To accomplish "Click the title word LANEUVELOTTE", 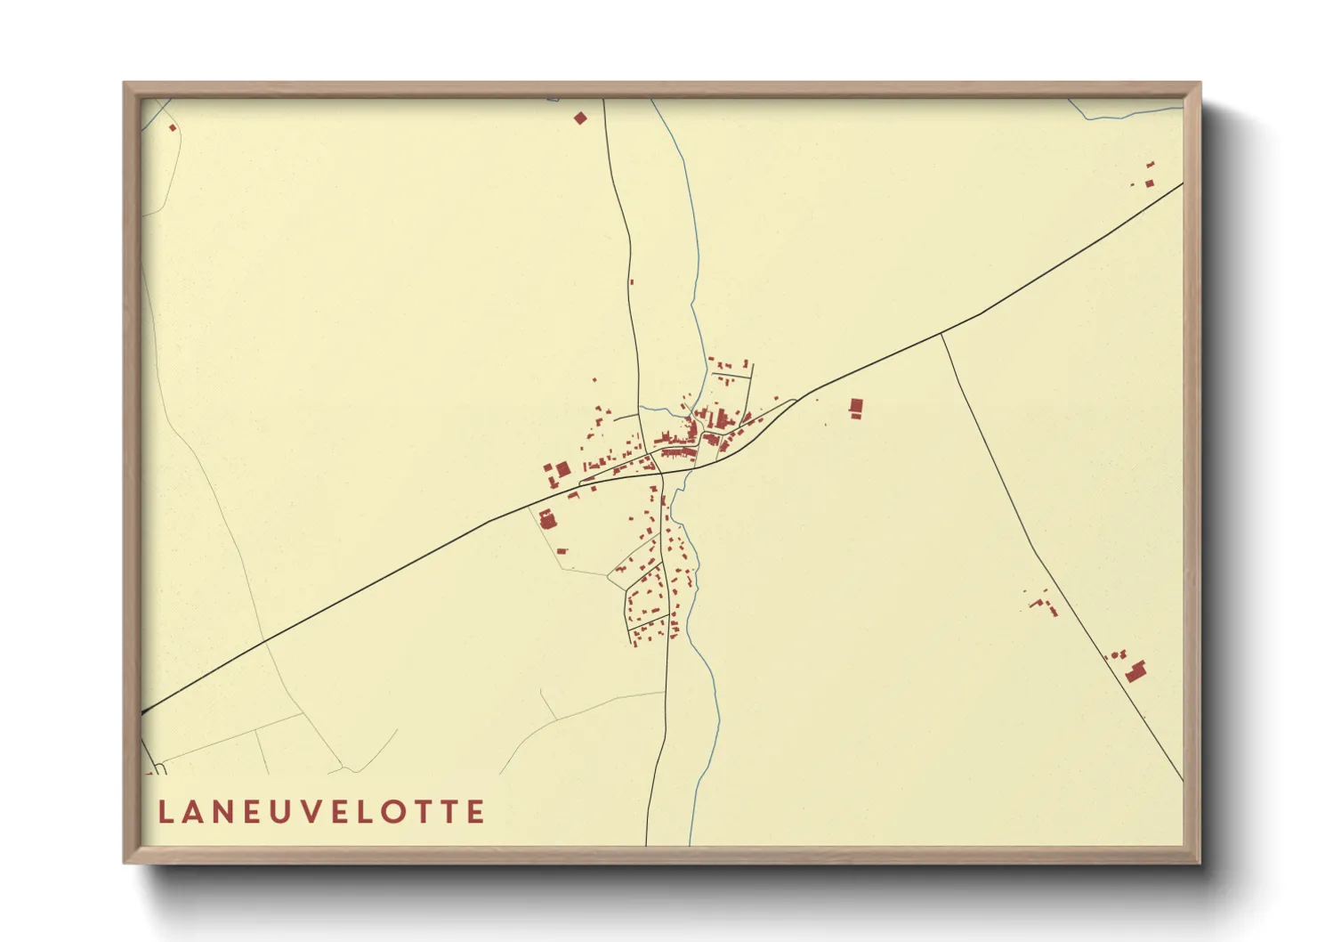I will click(321, 812).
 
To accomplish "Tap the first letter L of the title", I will click(165, 812).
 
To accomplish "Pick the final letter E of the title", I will click(476, 812).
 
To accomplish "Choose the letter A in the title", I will click(193, 812).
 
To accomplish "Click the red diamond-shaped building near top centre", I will click(581, 118).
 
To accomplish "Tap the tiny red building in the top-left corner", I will click(173, 127).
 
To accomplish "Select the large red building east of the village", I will click(856, 408).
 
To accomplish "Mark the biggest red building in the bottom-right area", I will click(1135, 671).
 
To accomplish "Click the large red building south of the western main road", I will click(546, 518).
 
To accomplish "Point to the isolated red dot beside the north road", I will click(632, 281).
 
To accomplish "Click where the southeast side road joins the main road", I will click(941, 334).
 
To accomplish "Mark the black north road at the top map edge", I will click(604, 102).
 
